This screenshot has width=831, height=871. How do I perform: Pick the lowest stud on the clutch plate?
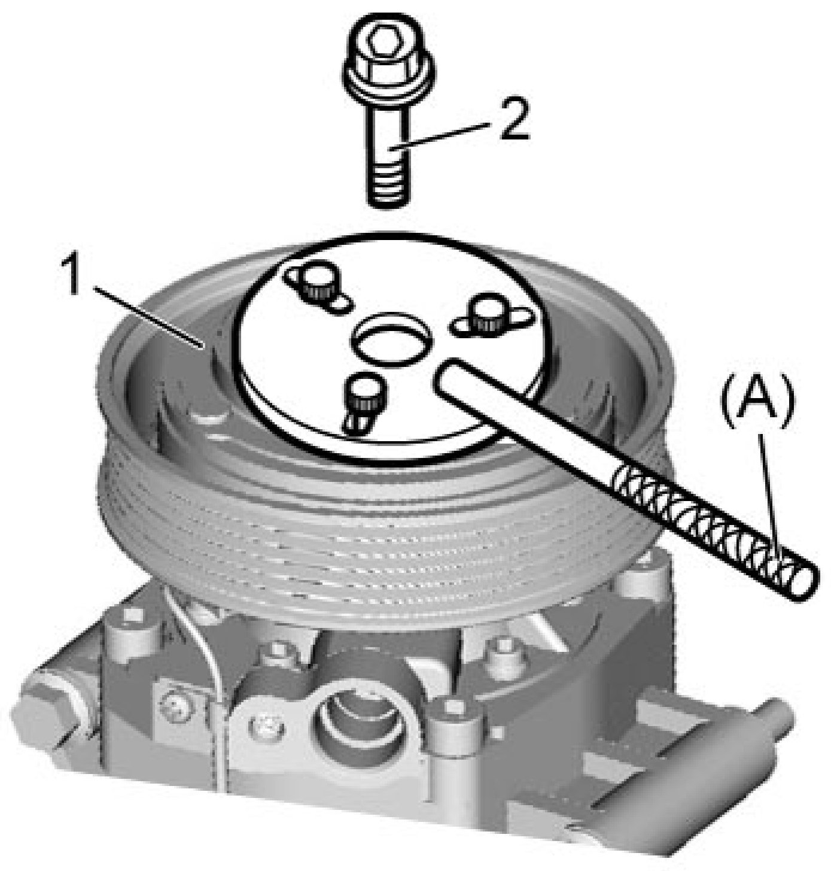(x=365, y=398)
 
